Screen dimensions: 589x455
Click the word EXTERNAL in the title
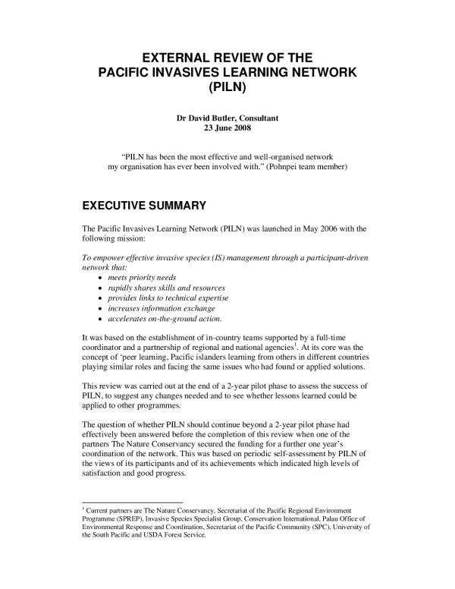click(x=179, y=57)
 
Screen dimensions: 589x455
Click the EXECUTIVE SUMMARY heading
click(x=143, y=205)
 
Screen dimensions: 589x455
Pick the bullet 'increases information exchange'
click(x=162, y=308)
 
